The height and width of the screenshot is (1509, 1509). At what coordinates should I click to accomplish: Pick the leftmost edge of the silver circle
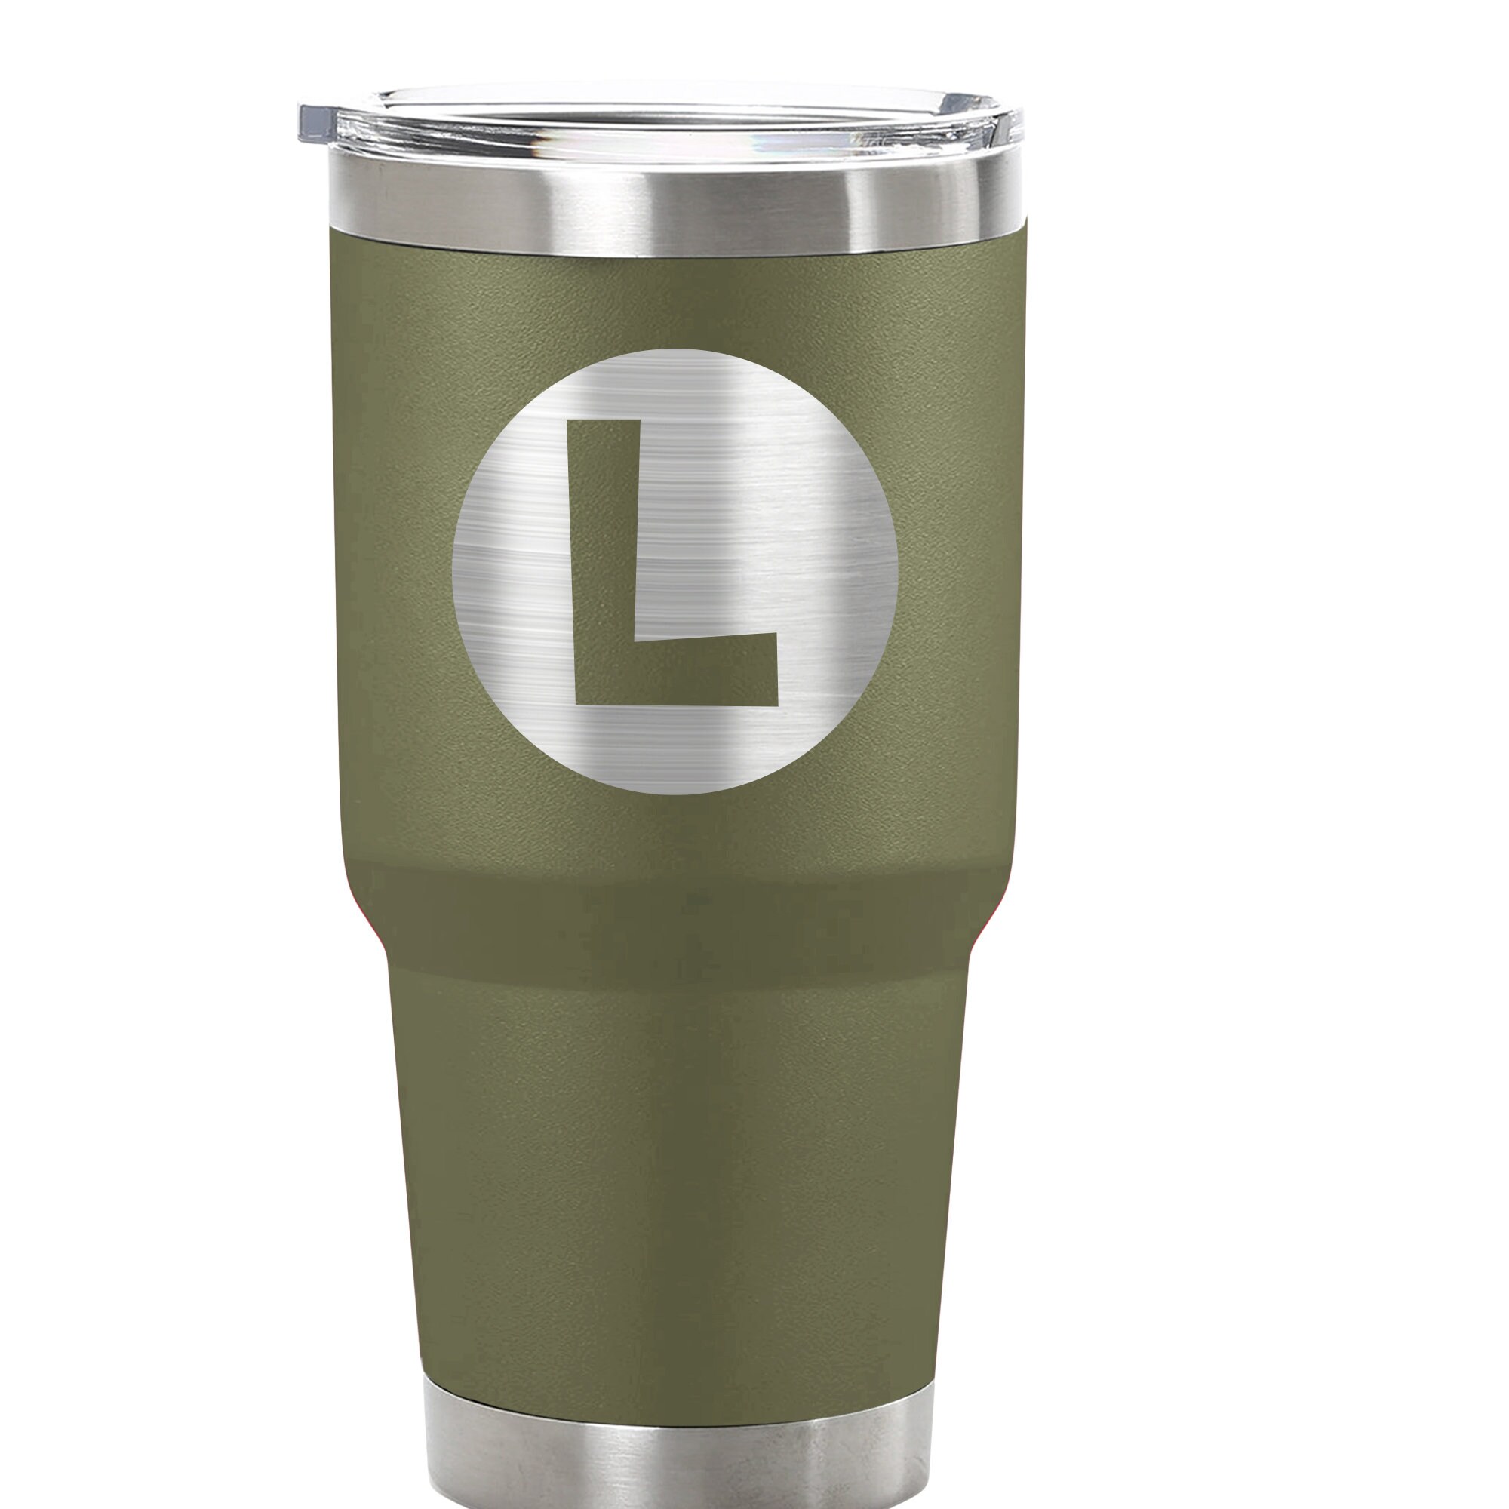453,572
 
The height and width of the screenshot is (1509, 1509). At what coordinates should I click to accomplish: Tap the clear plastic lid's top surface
664,117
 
